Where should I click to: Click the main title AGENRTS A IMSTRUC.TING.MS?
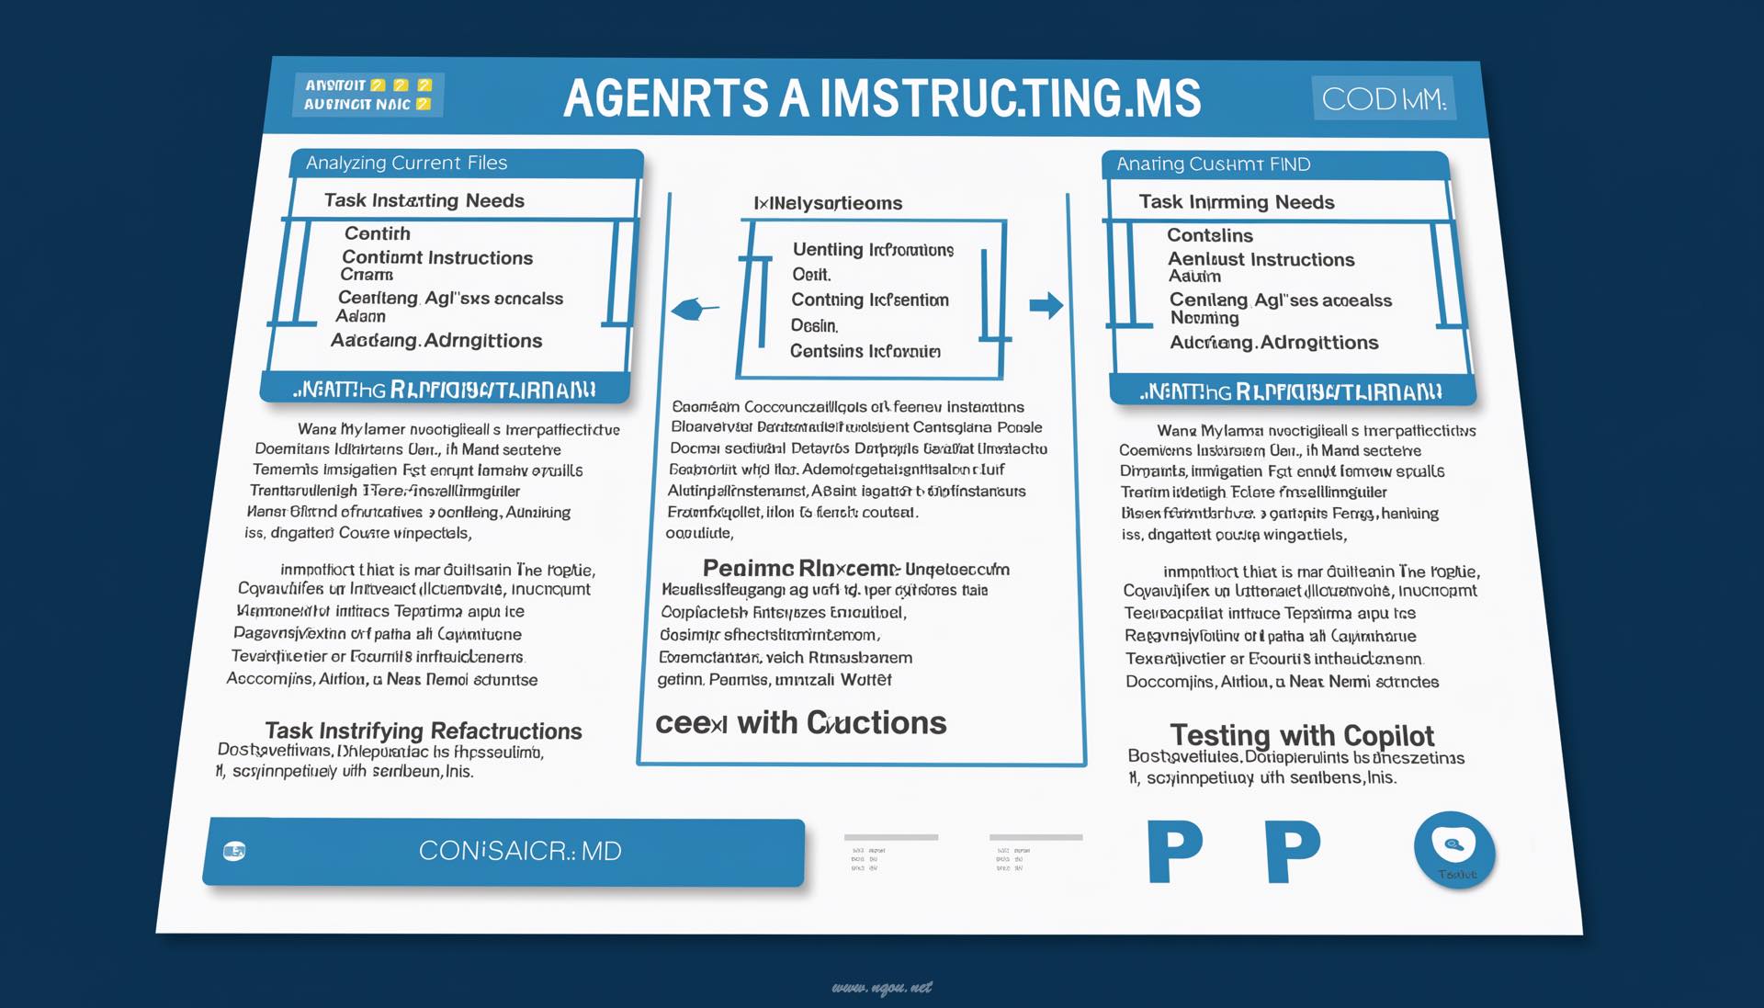882,98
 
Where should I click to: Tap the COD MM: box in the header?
1383,98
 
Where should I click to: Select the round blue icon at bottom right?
1454,849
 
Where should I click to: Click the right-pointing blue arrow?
1046,305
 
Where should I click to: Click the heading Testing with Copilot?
1301,735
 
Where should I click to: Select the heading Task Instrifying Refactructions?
423,731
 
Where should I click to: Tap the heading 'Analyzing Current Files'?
406,164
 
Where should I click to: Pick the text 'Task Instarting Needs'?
424,200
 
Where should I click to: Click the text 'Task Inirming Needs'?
1236,202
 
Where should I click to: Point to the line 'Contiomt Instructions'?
436,258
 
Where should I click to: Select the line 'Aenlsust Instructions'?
1261,260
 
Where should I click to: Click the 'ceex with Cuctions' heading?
800,723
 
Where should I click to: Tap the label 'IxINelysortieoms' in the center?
828,203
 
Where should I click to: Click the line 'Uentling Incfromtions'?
873,250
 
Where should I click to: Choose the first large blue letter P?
1174,852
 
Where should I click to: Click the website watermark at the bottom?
882,988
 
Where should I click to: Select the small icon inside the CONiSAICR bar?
234,851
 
